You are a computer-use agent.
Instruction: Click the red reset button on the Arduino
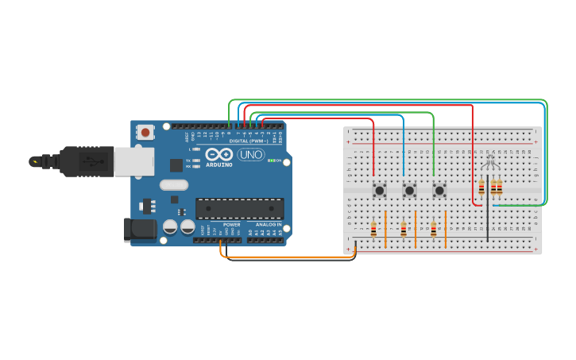146,132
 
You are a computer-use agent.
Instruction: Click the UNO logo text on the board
251,154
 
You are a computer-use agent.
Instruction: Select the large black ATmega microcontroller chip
239,209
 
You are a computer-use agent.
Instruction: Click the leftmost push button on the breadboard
380,191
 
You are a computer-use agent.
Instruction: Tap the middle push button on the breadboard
409,191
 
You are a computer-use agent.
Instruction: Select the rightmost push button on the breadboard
439,191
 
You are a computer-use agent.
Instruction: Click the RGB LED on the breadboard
489,163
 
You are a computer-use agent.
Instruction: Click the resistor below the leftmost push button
373,229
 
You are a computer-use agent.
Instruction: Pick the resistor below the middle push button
404,229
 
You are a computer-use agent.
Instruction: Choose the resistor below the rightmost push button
433,229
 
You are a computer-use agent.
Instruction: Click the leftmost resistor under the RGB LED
481,188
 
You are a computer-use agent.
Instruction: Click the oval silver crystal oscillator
174,185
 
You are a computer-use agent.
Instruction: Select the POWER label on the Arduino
231,225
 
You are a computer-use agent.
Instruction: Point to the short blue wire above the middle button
404,147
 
